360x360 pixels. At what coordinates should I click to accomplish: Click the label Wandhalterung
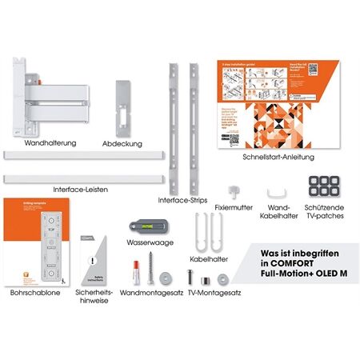50,143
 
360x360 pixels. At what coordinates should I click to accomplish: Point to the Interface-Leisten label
81,189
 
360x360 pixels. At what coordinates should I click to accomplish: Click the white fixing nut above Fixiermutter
234,189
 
